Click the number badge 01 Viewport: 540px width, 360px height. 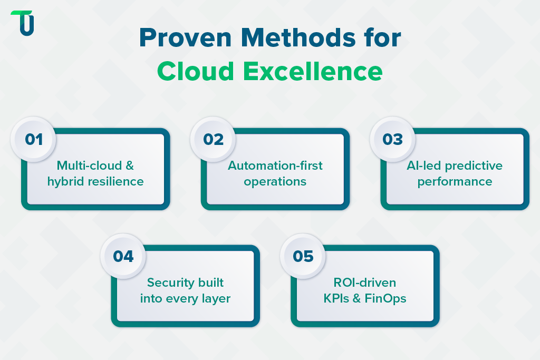(34, 140)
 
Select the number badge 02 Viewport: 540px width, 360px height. (213, 140)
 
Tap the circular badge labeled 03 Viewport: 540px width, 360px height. (393, 140)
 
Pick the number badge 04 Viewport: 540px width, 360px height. (123, 257)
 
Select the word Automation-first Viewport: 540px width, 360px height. (275, 166)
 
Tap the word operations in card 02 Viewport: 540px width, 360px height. (275, 182)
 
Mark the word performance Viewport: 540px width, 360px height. (455, 182)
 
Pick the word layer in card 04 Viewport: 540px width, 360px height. (216, 299)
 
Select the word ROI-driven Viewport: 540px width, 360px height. (365, 283)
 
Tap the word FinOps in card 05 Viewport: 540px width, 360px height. (388, 298)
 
